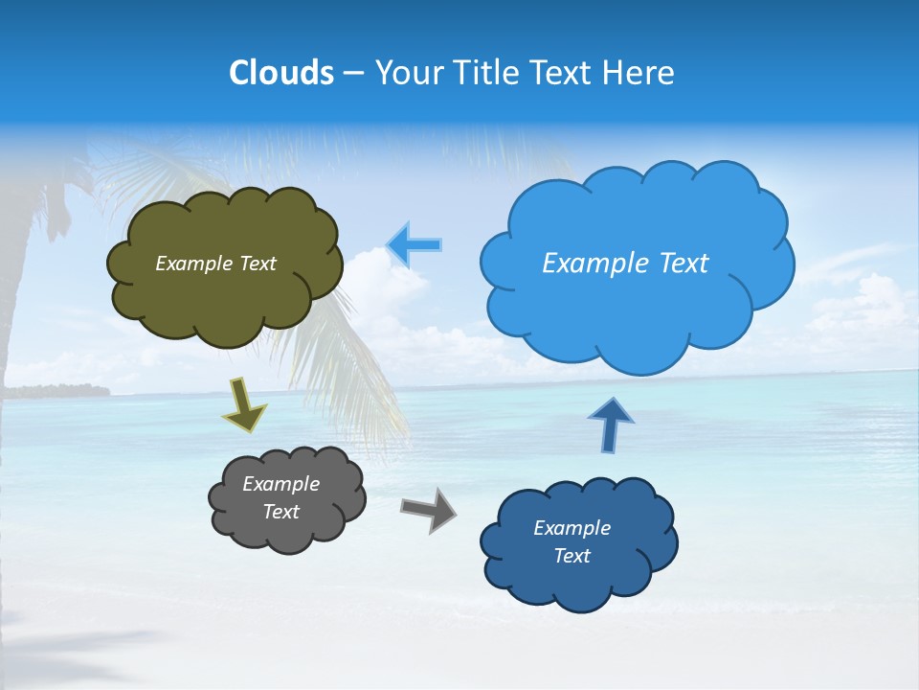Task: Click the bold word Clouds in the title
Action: click(280, 73)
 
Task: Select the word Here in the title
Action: click(640, 73)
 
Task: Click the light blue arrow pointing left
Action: click(415, 245)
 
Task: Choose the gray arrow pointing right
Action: click(430, 508)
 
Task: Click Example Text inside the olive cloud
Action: click(215, 264)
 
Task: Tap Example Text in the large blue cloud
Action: click(625, 264)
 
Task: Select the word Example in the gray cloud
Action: click(280, 484)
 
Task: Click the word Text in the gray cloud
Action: click(280, 512)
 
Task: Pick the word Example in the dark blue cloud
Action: click(572, 528)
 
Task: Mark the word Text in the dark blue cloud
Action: click(572, 556)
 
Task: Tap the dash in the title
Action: click(352, 74)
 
